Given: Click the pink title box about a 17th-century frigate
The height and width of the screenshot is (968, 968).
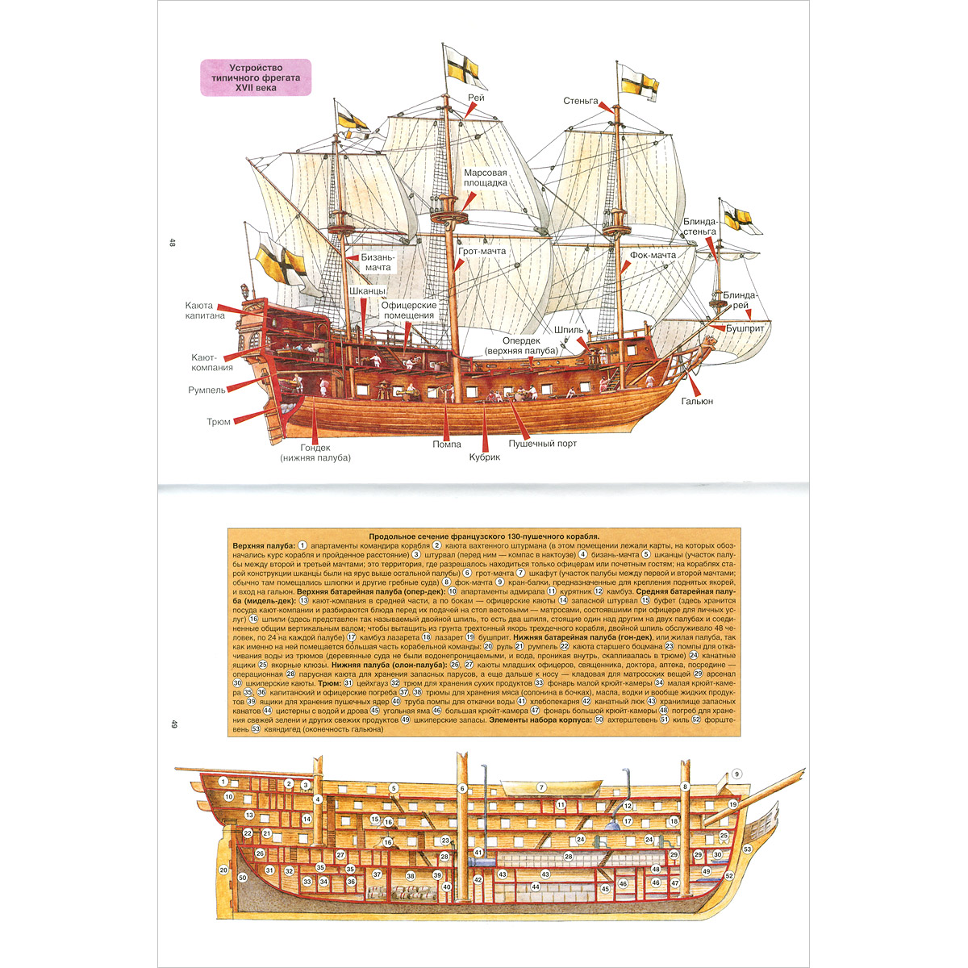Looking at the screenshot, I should [x=255, y=77].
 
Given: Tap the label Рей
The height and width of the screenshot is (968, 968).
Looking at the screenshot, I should [x=475, y=98].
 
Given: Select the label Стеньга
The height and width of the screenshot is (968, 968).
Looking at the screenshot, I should [x=581, y=101].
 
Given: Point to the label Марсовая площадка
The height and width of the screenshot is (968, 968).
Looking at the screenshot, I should [x=485, y=177].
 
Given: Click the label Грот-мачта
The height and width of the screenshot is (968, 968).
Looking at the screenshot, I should [x=482, y=252].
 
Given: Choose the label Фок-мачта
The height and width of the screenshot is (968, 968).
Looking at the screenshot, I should [x=653, y=255].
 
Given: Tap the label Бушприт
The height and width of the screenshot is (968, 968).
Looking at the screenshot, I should [x=745, y=329].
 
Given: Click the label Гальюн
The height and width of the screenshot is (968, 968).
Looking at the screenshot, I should [x=697, y=401].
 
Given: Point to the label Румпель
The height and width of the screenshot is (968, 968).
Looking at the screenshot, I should [x=207, y=390].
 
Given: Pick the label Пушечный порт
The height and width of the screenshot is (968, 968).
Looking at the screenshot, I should [x=542, y=444].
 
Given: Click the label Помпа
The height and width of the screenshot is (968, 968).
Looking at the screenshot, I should [x=446, y=444].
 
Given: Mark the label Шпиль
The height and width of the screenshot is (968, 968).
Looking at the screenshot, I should [x=569, y=329].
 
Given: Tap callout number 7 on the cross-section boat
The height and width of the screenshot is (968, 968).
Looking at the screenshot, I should [x=542, y=787].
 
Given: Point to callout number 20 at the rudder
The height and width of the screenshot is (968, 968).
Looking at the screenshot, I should [x=223, y=870].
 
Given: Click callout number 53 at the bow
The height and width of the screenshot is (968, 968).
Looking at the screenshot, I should [x=748, y=849].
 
